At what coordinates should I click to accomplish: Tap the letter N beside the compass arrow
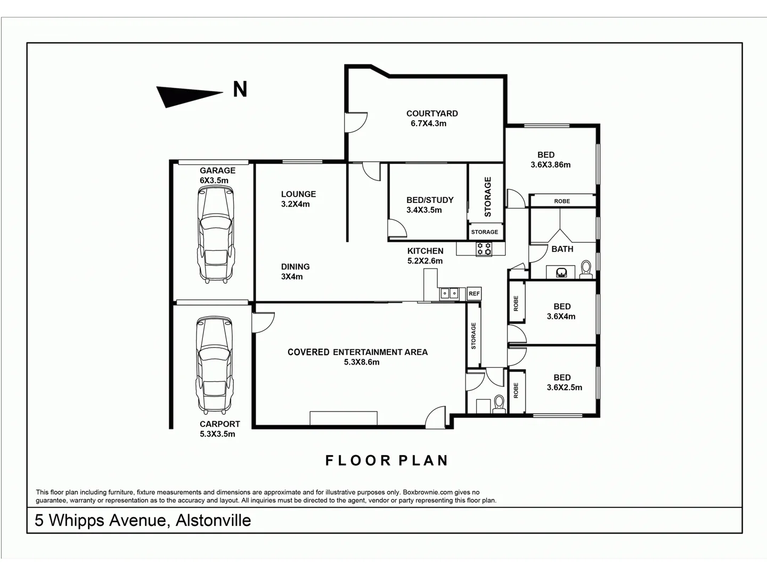[240, 89]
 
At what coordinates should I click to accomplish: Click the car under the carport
[215, 365]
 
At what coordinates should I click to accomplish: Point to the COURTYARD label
[432, 113]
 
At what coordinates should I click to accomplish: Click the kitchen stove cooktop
[484, 248]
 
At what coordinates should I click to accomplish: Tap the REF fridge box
[474, 293]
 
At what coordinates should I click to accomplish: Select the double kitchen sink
[448, 293]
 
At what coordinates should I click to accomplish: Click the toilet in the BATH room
[586, 269]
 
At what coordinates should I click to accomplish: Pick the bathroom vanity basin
[561, 273]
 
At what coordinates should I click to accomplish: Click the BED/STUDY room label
[430, 200]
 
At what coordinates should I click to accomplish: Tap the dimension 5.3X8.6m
[362, 362]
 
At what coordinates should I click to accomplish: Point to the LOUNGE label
[298, 194]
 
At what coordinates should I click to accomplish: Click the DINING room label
[295, 267]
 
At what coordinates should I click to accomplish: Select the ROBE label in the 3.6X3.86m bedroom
[562, 201]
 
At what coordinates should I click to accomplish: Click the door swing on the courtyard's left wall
[356, 122]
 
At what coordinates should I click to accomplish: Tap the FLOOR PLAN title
[387, 461]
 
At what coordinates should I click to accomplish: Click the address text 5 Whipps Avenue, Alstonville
[143, 520]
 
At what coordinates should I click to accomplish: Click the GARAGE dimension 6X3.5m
[214, 180]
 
